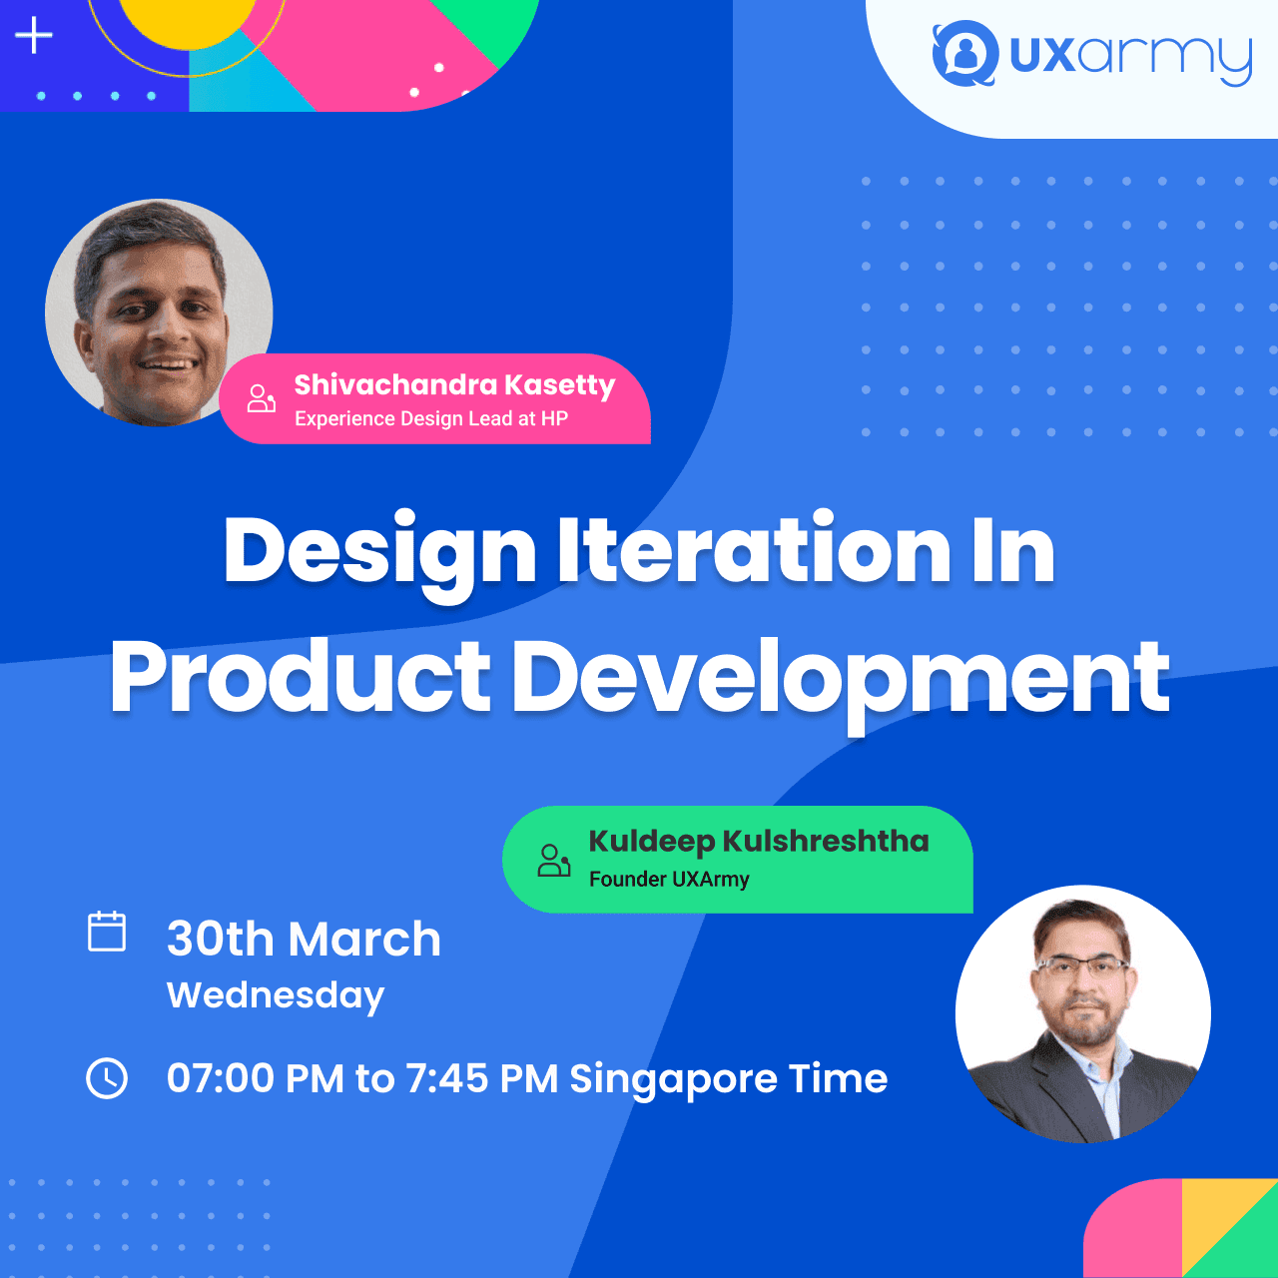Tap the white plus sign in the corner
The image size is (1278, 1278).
(x=33, y=35)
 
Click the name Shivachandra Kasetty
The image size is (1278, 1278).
(x=455, y=385)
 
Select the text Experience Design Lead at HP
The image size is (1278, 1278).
(x=431, y=418)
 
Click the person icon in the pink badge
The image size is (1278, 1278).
(x=262, y=398)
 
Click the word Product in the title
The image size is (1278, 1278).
(x=301, y=677)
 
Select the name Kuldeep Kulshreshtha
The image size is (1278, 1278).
(x=759, y=841)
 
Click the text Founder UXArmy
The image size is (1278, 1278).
(x=669, y=880)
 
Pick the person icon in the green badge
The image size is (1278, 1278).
(x=554, y=861)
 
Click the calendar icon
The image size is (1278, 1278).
(x=107, y=932)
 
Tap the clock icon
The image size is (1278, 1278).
(x=107, y=1078)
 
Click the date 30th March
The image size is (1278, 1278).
(x=304, y=940)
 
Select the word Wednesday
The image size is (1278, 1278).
(x=276, y=996)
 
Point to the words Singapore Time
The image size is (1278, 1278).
(x=728, y=1079)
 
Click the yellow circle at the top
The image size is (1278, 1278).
(x=188, y=20)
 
